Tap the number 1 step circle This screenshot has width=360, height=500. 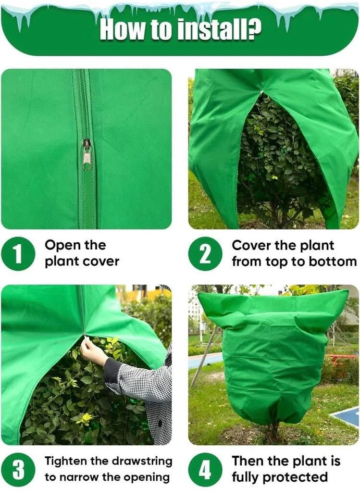pyautogui.click(x=18, y=254)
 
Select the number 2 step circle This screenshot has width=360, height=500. pyautogui.click(x=205, y=254)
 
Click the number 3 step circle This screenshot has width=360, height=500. pyautogui.click(x=18, y=469)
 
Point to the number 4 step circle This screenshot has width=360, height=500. pyautogui.click(x=205, y=469)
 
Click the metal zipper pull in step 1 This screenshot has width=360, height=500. pyautogui.click(x=86, y=155)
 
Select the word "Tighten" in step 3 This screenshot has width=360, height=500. pyautogui.click(x=66, y=461)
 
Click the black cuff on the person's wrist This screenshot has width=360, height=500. pyautogui.click(x=110, y=369)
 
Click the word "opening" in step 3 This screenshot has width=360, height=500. pyautogui.click(x=146, y=478)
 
